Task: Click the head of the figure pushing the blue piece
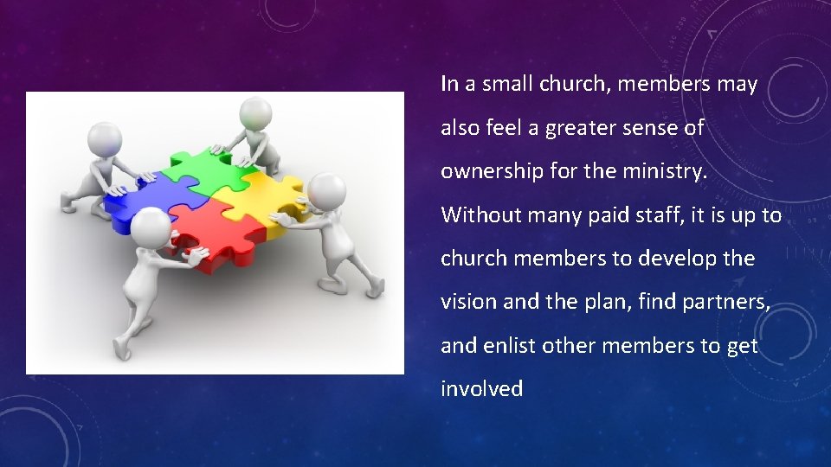[x=105, y=138]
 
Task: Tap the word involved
[x=481, y=389]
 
